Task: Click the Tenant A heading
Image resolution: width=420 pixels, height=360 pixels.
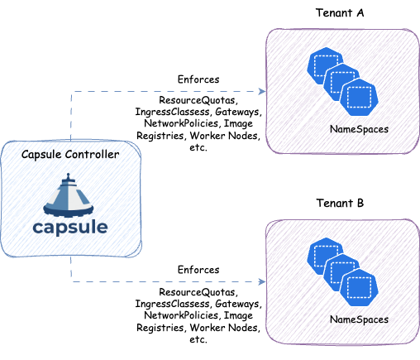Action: coord(340,13)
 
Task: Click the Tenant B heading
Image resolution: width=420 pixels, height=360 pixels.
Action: coord(340,203)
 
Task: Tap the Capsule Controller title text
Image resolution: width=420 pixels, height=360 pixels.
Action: coord(69,155)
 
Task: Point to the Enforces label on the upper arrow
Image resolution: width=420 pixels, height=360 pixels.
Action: coord(198,79)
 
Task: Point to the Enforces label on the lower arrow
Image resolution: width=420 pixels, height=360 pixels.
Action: coord(198,270)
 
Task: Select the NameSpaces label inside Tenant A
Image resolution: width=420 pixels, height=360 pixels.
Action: coord(358,130)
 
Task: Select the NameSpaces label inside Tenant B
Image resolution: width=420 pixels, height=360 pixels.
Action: coord(358,319)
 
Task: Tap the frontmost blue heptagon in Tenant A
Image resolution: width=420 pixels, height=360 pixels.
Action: coord(359,98)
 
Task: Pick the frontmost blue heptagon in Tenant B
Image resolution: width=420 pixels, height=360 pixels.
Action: coord(359,288)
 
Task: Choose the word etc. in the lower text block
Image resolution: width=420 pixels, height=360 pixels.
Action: coord(198,339)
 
